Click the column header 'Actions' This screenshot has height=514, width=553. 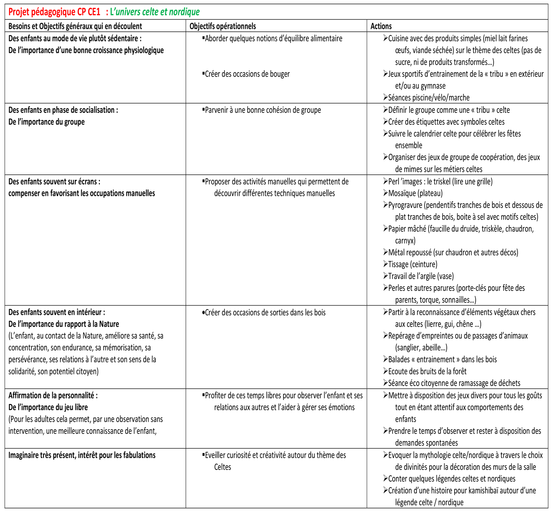click(x=381, y=26)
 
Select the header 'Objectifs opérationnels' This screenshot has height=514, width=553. click(x=222, y=26)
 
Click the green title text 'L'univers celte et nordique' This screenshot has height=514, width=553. click(x=155, y=12)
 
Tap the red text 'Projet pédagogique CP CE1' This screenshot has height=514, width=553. click(x=54, y=12)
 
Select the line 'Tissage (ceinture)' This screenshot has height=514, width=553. click(x=413, y=264)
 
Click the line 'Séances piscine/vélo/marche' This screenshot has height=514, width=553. click(x=428, y=98)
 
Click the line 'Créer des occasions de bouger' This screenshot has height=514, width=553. click(x=247, y=74)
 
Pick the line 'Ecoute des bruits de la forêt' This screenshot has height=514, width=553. click(x=427, y=372)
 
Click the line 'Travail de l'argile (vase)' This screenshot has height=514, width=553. click(x=421, y=276)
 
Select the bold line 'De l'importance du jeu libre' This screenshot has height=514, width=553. click(x=48, y=407)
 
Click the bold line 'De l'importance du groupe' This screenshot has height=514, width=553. click(x=46, y=122)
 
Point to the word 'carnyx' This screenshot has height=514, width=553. click(x=405, y=241)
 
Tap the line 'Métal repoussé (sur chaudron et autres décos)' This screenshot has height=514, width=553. click(x=453, y=253)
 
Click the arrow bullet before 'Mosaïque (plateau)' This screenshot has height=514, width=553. click(x=385, y=193)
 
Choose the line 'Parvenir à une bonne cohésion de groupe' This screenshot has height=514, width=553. click(x=262, y=110)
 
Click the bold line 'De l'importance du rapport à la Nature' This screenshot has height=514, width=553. click(x=64, y=324)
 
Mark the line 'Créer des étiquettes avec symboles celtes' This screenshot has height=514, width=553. click(x=446, y=122)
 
